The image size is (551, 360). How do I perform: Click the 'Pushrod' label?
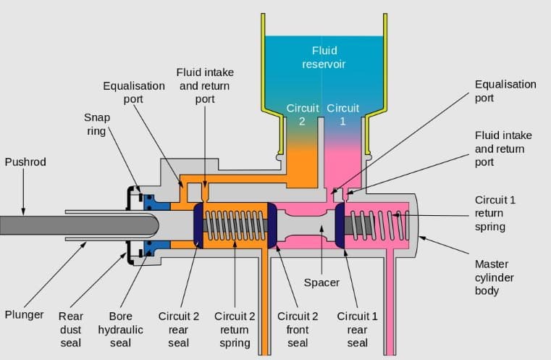click(25, 162)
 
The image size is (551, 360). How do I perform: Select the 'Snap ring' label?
click(96, 124)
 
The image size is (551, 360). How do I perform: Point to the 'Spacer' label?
click(321, 282)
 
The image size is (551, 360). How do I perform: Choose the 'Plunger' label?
click(24, 316)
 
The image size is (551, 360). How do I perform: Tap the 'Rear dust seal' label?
click(70, 329)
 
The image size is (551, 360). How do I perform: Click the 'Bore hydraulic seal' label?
click(120, 329)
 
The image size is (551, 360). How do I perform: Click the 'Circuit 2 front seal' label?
click(298, 329)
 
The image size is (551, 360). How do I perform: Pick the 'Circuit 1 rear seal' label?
click(357, 329)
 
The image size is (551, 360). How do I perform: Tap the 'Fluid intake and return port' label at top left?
click(205, 86)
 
